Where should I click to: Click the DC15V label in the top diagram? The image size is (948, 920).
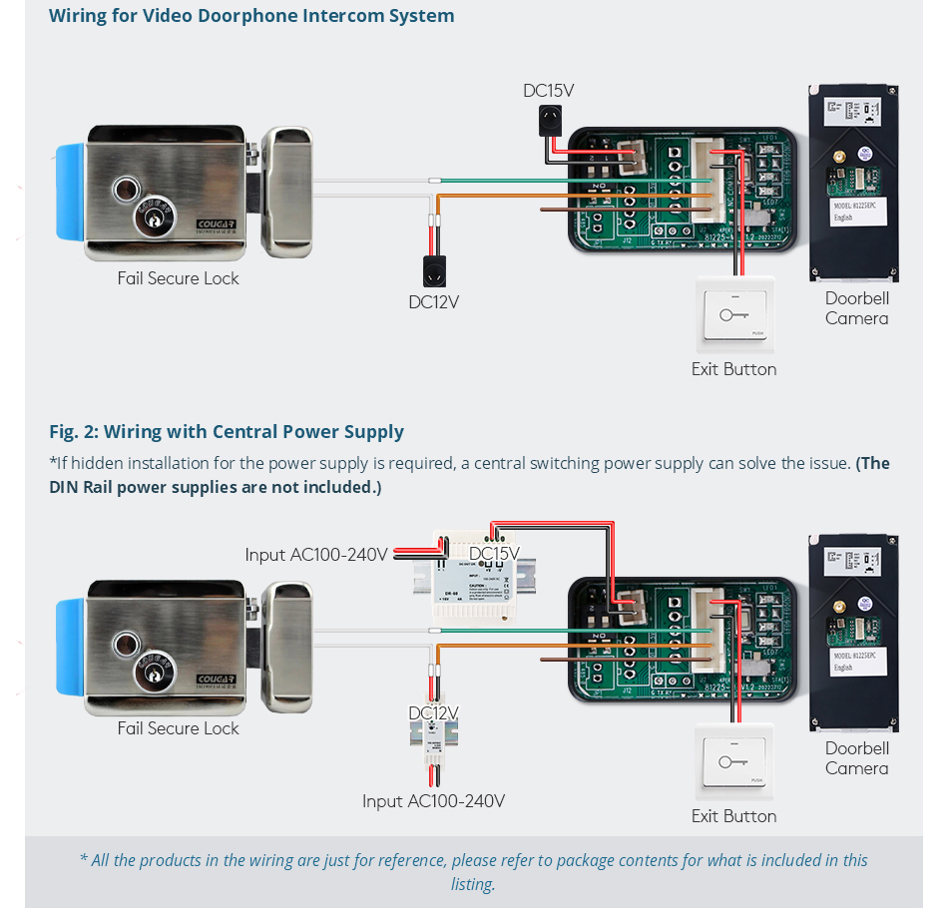click(548, 91)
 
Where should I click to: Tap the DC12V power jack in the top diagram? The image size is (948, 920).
click(434, 272)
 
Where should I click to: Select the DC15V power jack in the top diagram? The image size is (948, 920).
click(548, 122)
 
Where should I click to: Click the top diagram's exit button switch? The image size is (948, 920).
click(734, 315)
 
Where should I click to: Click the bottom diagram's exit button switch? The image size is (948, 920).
click(734, 763)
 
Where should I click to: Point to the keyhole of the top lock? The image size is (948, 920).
click(153, 218)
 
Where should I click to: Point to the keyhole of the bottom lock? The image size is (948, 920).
click(153, 668)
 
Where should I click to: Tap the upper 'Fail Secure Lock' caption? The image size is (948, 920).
click(178, 278)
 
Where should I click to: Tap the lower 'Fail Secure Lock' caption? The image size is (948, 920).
click(178, 728)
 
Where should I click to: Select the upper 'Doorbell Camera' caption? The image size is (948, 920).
click(856, 308)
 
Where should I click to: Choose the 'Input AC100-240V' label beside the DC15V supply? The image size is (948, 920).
click(316, 555)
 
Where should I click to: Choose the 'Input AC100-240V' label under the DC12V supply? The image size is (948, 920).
click(433, 801)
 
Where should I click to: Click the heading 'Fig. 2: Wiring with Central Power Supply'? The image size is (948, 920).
click(227, 432)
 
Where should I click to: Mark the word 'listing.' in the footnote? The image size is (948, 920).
click(473, 884)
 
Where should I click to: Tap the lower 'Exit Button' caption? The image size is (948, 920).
click(733, 816)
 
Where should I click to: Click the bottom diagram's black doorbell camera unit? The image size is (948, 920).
click(853, 633)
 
